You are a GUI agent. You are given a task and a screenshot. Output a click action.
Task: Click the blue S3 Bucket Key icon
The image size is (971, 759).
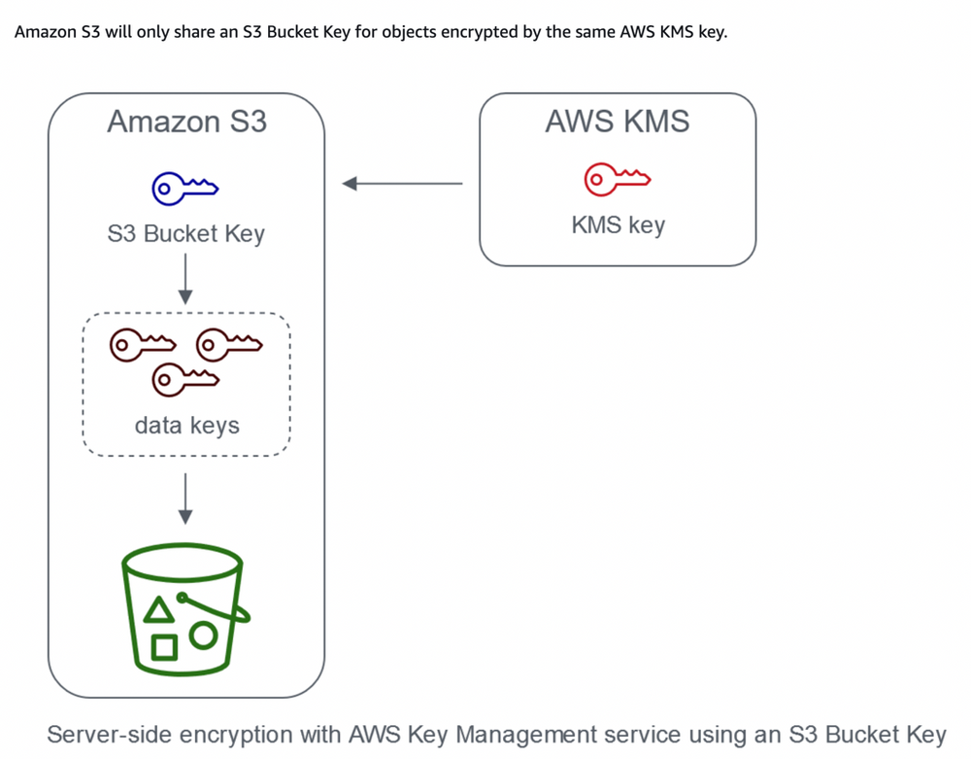(185, 188)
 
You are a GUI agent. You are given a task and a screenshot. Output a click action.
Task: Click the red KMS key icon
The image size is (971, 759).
(617, 180)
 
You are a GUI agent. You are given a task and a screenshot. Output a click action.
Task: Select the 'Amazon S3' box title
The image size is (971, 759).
(186, 121)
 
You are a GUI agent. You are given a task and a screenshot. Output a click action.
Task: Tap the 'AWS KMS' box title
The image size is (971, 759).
(617, 121)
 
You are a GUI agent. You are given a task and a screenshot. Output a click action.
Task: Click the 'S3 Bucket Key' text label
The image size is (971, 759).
(185, 234)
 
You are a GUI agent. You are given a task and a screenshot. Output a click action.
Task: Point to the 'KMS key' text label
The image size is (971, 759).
(618, 225)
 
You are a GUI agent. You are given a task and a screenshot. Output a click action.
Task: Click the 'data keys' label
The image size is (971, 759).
(186, 425)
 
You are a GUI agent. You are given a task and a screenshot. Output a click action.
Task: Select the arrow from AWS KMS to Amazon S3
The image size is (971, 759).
(402, 183)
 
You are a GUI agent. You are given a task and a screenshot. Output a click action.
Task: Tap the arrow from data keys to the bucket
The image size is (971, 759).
(186, 500)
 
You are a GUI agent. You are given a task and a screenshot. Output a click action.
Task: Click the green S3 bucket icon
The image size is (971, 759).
(184, 608)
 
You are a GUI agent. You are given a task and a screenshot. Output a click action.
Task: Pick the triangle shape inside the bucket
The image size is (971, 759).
(159, 610)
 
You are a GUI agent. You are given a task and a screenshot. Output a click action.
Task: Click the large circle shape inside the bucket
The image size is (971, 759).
(203, 636)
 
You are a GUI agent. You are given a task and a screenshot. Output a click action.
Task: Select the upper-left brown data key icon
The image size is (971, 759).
(142, 343)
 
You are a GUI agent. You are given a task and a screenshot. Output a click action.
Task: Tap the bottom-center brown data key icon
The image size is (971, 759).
(184, 377)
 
